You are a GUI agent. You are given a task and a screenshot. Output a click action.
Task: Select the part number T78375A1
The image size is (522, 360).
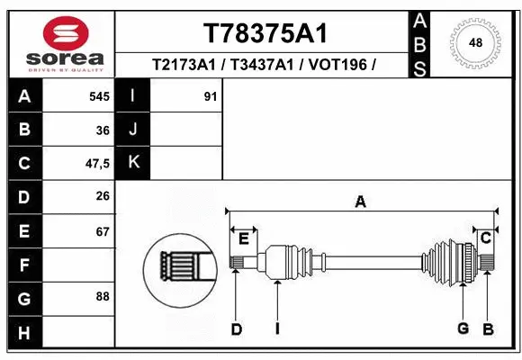[265, 33]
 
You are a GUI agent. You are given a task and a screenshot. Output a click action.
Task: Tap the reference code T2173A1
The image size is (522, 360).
[184, 66]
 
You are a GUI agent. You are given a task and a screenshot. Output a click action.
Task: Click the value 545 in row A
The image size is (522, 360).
[99, 96]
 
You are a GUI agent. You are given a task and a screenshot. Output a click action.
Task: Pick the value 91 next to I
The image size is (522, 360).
[211, 96]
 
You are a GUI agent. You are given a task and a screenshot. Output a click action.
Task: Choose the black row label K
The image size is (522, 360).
[133, 163]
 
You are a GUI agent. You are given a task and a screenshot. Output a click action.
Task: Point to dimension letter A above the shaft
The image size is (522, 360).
[360, 202]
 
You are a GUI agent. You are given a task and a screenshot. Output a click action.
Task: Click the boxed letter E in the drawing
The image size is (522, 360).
[243, 238]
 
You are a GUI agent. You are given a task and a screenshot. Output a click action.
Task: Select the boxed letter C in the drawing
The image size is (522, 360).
[485, 238]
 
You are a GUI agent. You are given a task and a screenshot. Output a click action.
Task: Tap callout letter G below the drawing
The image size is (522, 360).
[463, 328]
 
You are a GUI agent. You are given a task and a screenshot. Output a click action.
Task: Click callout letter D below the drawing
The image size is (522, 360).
[236, 329]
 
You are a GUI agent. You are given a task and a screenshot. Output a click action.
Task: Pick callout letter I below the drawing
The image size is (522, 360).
[277, 329]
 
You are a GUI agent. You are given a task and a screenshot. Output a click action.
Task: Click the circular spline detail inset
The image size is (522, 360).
[180, 268]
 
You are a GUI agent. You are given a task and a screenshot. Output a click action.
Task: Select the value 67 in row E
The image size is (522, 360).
[102, 231]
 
